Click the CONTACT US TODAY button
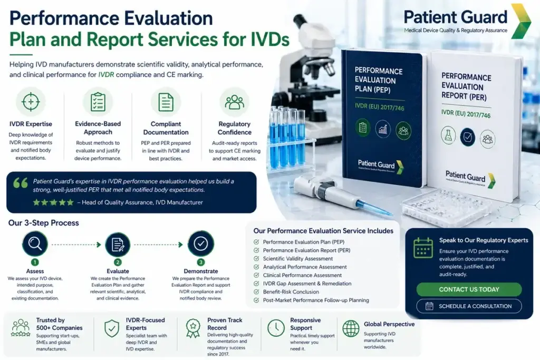pyautogui.click(x=469, y=289)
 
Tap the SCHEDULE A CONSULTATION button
pyautogui.click(x=469, y=306)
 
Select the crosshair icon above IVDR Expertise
pyautogui.click(x=31, y=101)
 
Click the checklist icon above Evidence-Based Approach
pyautogui.click(x=98, y=101)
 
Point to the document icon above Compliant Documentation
pyautogui.click(x=166, y=101)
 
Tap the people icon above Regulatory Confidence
pyautogui.click(x=234, y=101)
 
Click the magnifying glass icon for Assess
pyautogui.click(x=35, y=244)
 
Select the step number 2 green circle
pyautogui.click(x=118, y=262)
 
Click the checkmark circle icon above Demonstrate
pyautogui.click(x=201, y=244)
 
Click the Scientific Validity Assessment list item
pyautogui.click(x=298, y=259)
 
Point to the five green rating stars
pyautogui.click(x=53, y=202)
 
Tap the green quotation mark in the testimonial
pyautogui.click(x=21, y=183)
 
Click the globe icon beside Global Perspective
pyautogui.click(x=351, y=328)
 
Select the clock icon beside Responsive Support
pyautogui.click(x=276, y=328)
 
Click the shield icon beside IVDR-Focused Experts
pyautogui.click(x=112, y=328)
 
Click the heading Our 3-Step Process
pyautogui.click(x=44, y=223)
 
